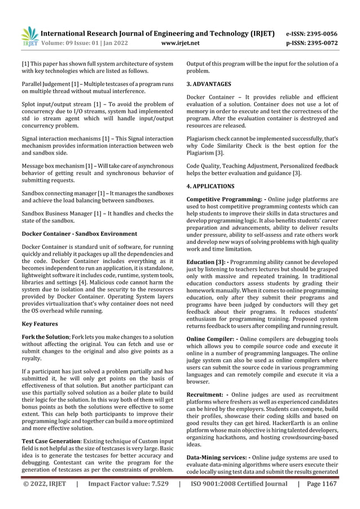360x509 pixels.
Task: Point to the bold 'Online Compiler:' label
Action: pos(210,339)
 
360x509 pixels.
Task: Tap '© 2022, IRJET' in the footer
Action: pos(45,484)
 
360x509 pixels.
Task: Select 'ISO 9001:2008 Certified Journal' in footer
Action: pos(239,484)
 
